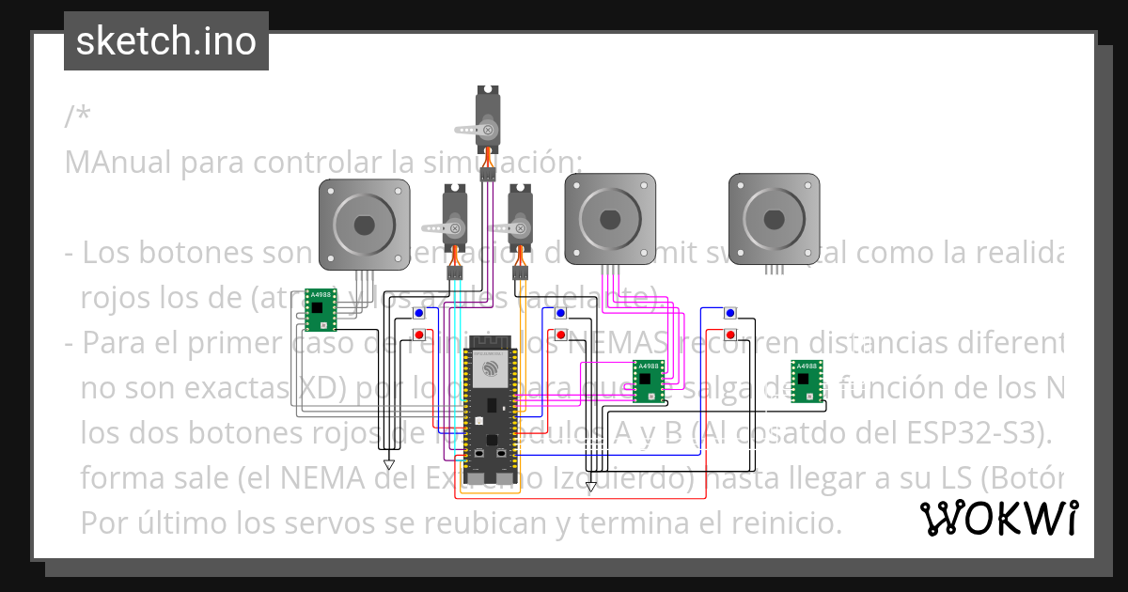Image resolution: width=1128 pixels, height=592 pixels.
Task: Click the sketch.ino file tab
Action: [165, 41]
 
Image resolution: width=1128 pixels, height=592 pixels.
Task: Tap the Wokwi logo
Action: [998, 518]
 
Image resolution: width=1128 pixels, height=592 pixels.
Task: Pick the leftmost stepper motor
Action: [365, 224]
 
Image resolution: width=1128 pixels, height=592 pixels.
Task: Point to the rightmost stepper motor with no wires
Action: [774, 218]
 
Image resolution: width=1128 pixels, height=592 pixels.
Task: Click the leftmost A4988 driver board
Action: [321, 309]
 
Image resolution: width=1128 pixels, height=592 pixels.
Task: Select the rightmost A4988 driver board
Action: [806, 381]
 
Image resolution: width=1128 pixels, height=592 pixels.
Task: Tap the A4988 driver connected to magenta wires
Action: [647, 381]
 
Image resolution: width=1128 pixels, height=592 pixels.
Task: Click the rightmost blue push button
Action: [730, 313]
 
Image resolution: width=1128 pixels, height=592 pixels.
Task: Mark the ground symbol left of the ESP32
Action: [389, 464]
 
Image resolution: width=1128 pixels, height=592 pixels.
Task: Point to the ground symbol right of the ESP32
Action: [590, 487]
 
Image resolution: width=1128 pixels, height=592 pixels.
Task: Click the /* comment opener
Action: [78, 117]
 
